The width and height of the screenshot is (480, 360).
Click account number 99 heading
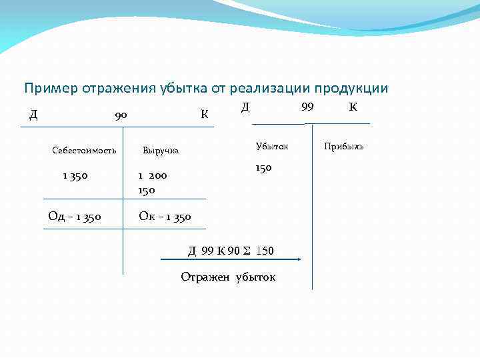tap(307, 107)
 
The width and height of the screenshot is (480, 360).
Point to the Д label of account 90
tap(33, 114)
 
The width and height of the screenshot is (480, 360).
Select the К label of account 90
tap(205, 114)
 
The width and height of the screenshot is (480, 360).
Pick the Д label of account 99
tap(245, 107)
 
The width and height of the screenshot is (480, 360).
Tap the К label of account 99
tap(353, 107)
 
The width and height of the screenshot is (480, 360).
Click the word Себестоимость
tap(84, 150)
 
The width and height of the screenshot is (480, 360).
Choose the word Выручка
tap(161, 150)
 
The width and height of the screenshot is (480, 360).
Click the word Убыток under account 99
tap(272, 146)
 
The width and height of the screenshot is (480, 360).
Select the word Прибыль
tap(344, 146)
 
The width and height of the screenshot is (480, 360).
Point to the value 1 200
tap(153, 176)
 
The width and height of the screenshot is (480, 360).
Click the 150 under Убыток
tap(263, 168)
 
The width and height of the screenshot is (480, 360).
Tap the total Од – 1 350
tap(75, 216)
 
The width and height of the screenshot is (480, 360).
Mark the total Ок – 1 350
tap(165, 216)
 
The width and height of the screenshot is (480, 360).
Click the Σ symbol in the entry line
tap(247, 251)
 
